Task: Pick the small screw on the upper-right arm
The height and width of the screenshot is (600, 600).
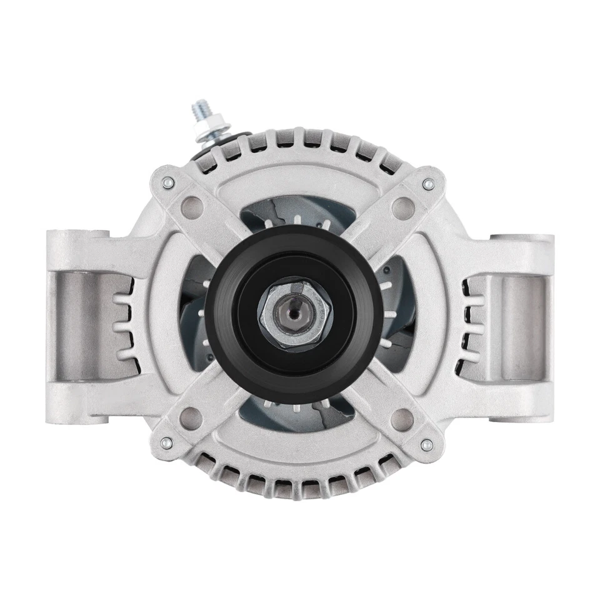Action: tap(427, 184)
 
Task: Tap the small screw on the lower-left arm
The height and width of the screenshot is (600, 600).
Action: tap(166, 443)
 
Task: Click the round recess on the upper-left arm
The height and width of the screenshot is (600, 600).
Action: tap(194, 204)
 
